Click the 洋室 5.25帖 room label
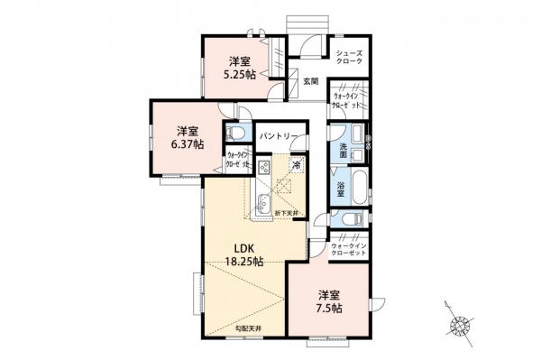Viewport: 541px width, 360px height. (x=239, y=68)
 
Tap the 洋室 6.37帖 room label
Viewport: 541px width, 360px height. (x=188, y=136)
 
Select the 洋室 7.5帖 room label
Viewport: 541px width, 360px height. (x=329, y=301)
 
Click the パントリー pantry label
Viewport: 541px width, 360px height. (x=279, y=135)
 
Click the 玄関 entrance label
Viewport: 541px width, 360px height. (x=310, y=80)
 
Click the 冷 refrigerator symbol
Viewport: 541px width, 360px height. (x=297, y=165)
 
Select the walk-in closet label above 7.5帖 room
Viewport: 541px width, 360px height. (x=350, y=249)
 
